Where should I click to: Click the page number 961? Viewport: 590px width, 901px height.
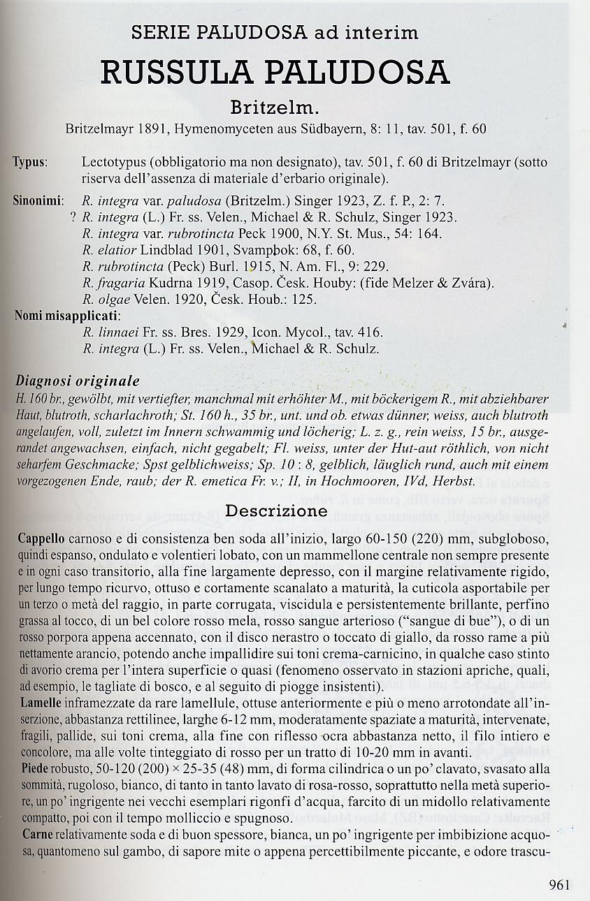tap(560, 885)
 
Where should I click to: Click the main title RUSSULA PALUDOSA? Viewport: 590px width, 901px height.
tap(275, 73)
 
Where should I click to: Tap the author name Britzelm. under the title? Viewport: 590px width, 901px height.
tap(275, 108)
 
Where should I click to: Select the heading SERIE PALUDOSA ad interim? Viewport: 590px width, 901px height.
tap(275, 32)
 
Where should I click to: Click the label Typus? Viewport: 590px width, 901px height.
tap(30, 163)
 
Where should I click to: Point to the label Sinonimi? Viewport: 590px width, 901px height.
tap(38, 201)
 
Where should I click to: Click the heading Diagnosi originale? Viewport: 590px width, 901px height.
tap(77, 381)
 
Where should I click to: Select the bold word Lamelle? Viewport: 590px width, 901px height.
tap(40, 702)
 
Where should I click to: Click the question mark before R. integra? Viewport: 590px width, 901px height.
tap(73, 217)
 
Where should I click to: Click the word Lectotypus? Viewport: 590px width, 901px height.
tap(113, 163)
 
